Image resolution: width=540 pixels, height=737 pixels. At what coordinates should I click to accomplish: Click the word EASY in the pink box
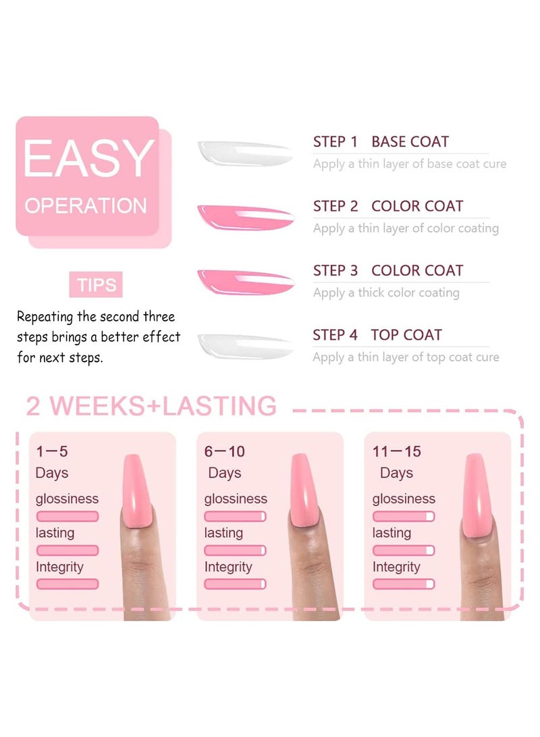pyautogui.click(x=88, y=159)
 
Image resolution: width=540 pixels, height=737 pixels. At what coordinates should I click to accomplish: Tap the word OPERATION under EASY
pyautogui.click(x=86, y=205)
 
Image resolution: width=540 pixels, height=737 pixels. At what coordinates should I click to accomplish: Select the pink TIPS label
pyautogui.click(x=96, y=285)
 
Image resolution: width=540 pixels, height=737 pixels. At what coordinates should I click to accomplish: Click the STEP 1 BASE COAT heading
pyautogui.click(x=381, y=142)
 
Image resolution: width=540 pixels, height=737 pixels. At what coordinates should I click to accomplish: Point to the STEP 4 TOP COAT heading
pyautogui.click(x=377, y=335)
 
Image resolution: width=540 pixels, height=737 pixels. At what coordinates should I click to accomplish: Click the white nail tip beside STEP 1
pyautogui.click(x=244, y=153)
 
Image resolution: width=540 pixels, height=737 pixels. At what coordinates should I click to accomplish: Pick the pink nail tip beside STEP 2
pyautogui.click(x=245, y=217)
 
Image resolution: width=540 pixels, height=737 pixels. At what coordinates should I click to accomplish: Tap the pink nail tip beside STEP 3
pyautogui.click(x=245, y=281)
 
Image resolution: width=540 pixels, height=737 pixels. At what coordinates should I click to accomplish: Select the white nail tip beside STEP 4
pyautogui.click(x=244, y=345)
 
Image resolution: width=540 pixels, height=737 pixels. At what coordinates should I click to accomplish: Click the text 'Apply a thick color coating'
pyautogui.click(x=386, y=293)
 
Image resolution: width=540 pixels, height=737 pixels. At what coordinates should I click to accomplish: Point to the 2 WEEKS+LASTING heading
pyautogui.click(x=151, y=406)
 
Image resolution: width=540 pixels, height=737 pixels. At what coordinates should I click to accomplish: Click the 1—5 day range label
pyautogui.click(x=52, y=451)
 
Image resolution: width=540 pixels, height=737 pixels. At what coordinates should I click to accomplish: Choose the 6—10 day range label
pyautogui.click(x=225, y=451)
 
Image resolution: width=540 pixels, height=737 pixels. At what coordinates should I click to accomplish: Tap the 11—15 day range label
pyautogui.click(x=396, y=451)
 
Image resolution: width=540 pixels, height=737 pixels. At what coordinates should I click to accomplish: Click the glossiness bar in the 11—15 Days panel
pyautogui.click(x=403, y=516)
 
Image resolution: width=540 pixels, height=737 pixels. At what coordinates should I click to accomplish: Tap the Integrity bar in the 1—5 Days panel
pyautogui.click(x=67, y=584)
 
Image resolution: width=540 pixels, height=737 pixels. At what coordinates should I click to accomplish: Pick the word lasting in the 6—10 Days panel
pyautogui.click(x=223, y=533)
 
